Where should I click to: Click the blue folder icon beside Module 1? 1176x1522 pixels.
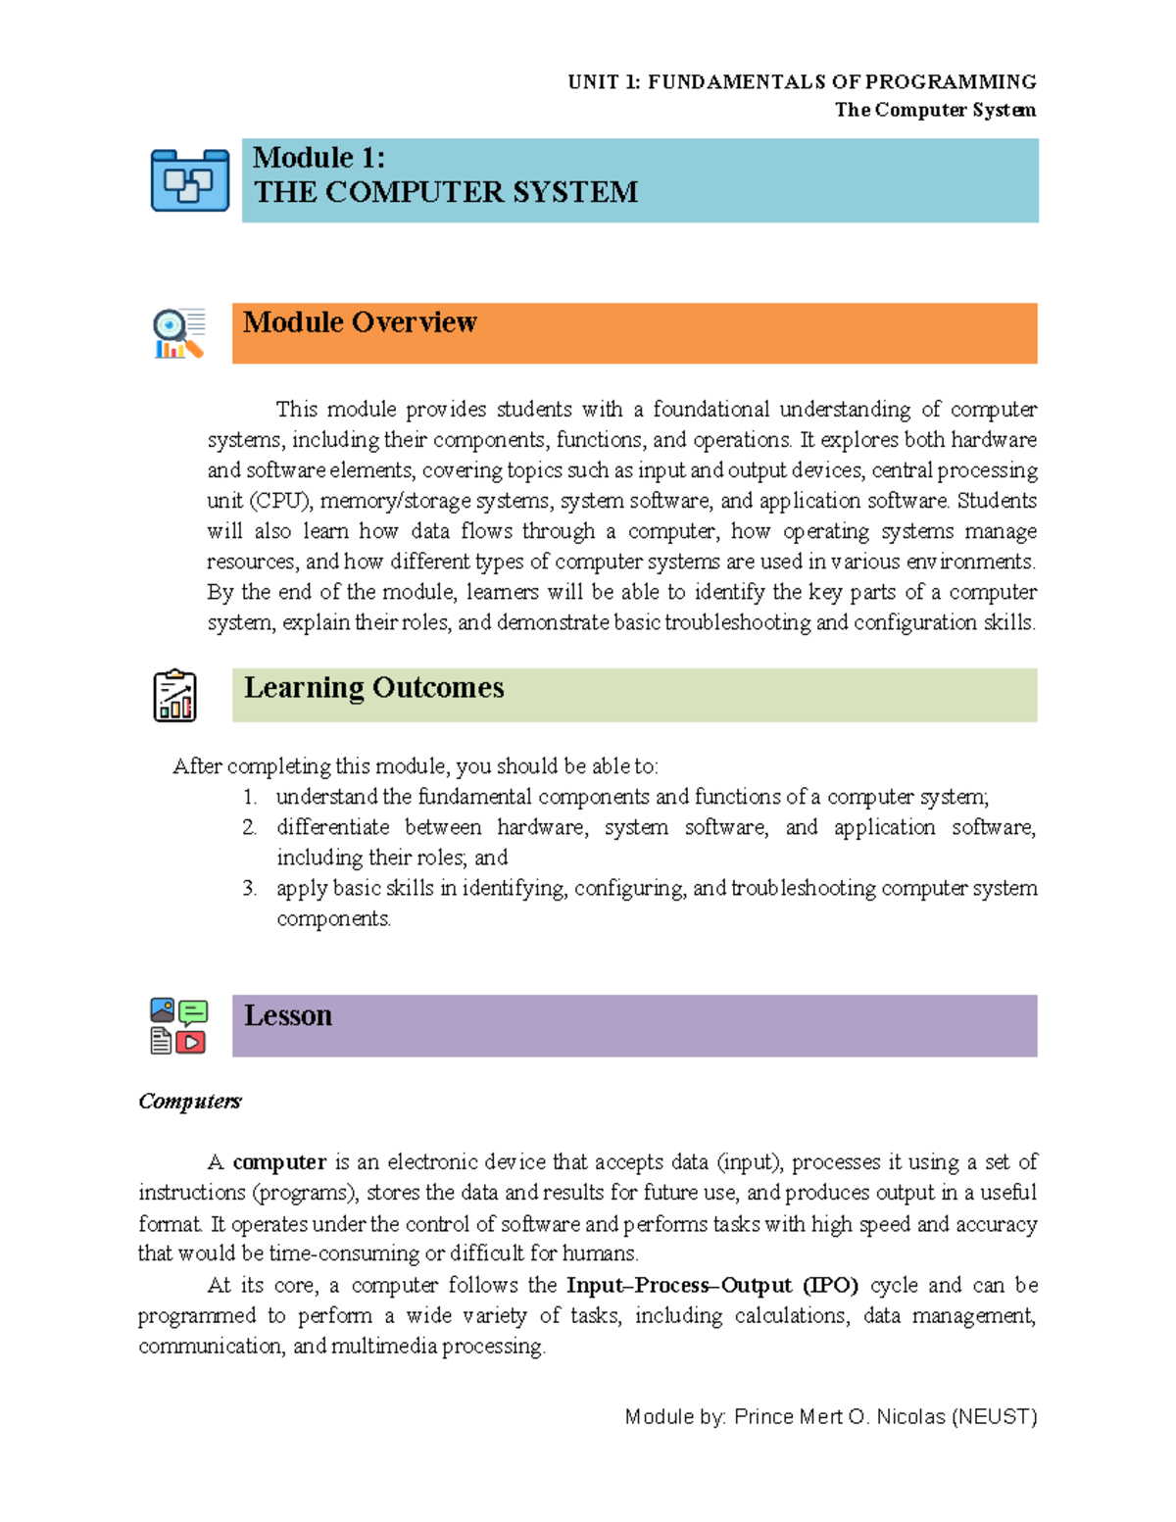(190, 181)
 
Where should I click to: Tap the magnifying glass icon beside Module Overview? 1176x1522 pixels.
(178, 333)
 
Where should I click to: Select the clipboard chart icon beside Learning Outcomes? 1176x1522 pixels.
(174, 696)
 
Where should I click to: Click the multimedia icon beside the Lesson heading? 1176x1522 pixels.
(178, 1026)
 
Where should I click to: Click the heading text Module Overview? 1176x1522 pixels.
(360, 322)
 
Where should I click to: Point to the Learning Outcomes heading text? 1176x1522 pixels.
(373, 688)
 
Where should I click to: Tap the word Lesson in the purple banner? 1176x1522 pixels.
(288, 1015)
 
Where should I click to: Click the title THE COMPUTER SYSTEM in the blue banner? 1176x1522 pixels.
(446, 192)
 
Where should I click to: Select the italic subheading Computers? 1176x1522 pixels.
(189, 1102)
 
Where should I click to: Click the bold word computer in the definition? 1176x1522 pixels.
(279, 1162)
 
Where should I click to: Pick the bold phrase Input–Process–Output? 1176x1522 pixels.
(679, 1285)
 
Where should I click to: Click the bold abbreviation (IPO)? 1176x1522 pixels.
(830, 1285)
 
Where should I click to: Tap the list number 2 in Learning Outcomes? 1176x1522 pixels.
(249, 827)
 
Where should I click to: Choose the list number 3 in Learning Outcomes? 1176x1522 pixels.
(249, 888)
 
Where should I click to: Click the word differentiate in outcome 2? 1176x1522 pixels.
(332, 827)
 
